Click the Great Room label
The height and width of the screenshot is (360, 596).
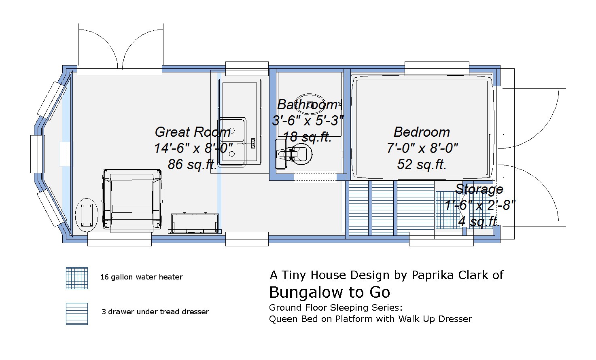[x=193, y=132]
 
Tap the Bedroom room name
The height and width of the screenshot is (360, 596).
[x=422, y=132]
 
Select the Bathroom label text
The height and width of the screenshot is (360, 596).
[x=307, y=104]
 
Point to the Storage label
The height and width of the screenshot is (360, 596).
[x=479, y=189]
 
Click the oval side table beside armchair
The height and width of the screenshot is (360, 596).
[x=87, y=215]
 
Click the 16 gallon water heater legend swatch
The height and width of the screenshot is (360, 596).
[x=77, y=278]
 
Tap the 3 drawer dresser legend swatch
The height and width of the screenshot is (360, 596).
[x=77, y=313]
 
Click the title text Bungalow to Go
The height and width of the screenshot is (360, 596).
[x=329, y=292]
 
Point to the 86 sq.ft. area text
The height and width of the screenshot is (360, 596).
[x=193, y=164]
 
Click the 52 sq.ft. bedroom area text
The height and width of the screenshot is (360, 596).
[x=422, y=164]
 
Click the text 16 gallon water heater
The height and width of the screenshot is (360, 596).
[x=141, y=277]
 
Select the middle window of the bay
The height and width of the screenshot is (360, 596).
[x=37, y=154]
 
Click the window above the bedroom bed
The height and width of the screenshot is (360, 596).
[x=437, y=68]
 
